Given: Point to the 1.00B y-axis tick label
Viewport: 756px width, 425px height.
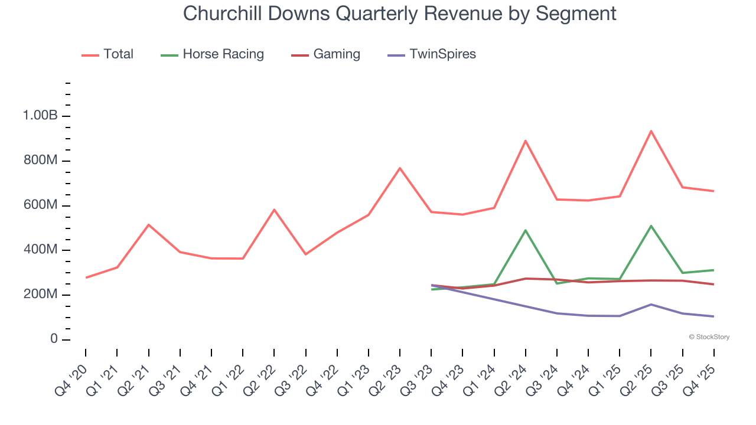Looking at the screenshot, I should tap(40, 116).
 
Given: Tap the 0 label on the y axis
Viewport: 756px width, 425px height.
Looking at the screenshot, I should tap(54, 339).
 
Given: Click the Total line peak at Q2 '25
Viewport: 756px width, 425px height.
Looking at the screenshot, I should tap(651, 131).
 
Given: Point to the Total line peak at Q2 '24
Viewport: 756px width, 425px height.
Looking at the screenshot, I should tap(525, 141).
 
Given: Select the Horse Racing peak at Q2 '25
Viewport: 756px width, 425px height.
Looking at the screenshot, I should tap(651, 226).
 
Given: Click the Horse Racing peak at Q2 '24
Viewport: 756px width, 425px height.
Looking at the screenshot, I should tap(525, 230).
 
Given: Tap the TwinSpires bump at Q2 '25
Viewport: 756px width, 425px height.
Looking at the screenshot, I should tap(651, 305).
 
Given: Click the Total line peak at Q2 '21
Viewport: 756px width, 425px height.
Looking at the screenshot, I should tap(148, 225).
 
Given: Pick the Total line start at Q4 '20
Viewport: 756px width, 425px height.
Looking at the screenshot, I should tap(86, 277).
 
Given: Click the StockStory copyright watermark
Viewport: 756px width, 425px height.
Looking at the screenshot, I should tap(709, 337).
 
